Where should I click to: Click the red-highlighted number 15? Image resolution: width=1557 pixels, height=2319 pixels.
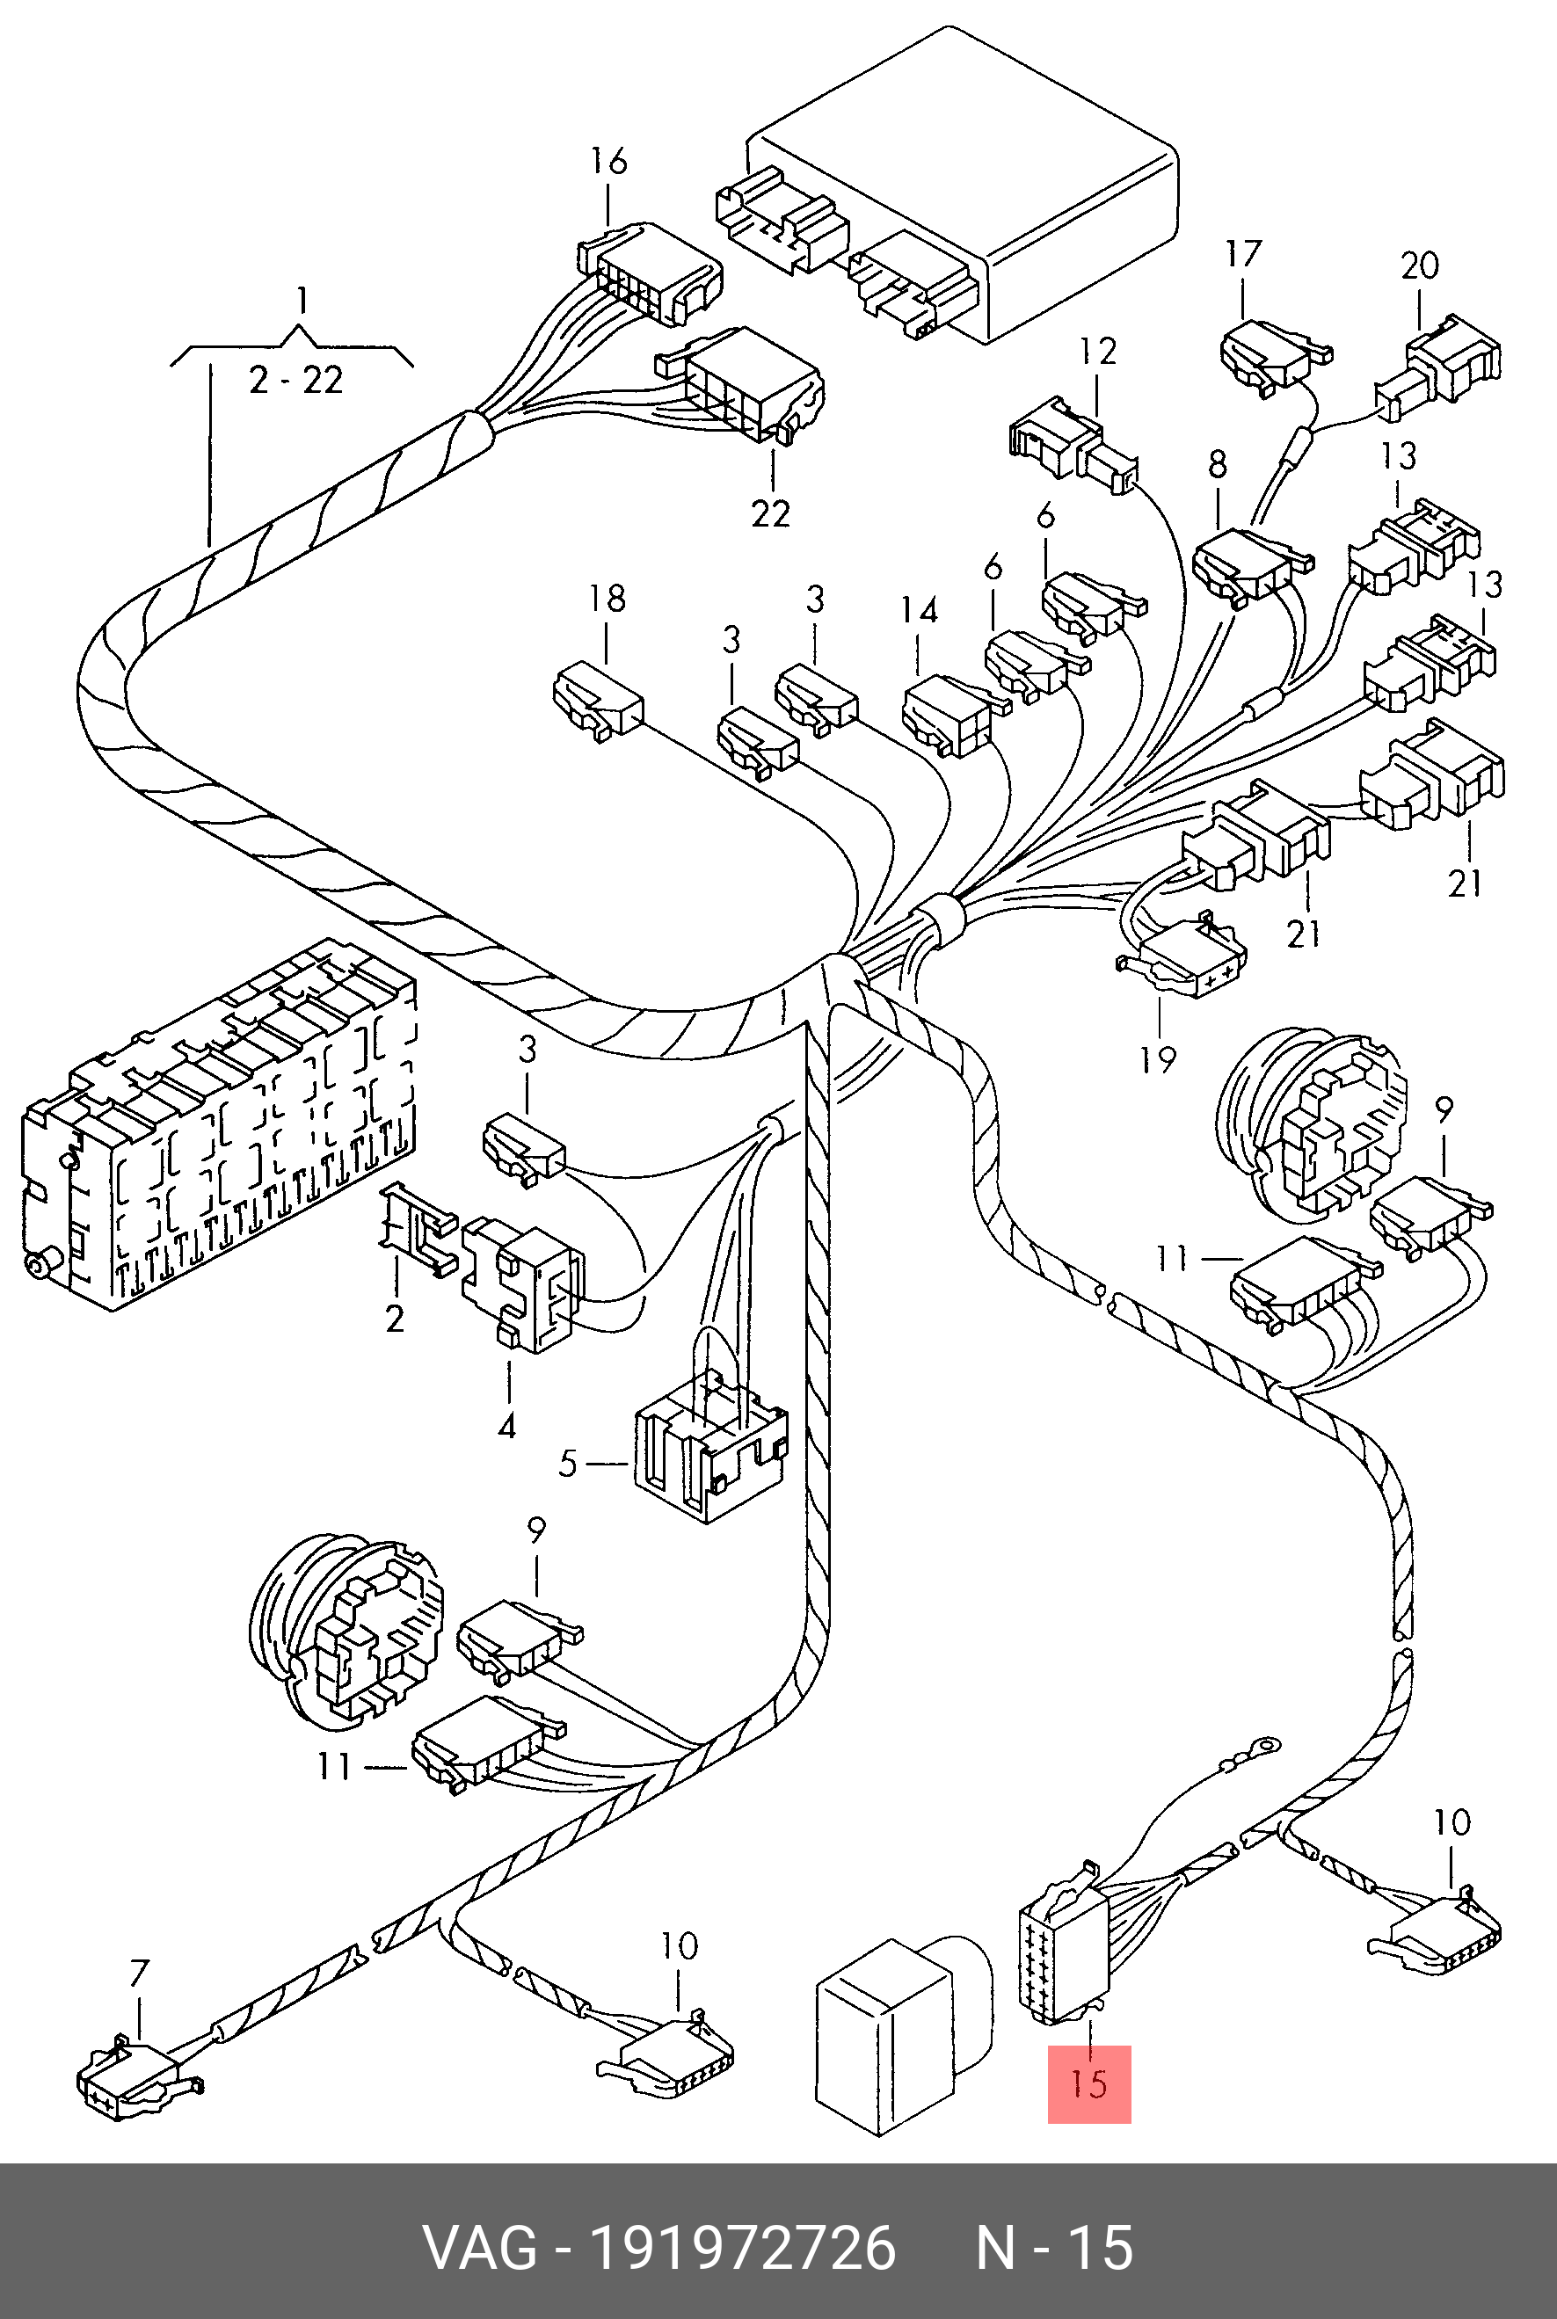(1089, 2083)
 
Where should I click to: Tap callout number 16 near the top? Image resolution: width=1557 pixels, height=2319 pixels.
(608, 161)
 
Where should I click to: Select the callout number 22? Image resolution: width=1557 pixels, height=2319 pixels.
(770, 513)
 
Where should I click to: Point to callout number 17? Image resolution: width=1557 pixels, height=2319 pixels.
(1242, 254)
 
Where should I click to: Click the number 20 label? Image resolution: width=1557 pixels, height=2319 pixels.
(1420, 265)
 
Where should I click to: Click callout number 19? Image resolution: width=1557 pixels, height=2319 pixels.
(1158, 1060)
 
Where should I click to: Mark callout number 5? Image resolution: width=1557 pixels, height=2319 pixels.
(567, 1464)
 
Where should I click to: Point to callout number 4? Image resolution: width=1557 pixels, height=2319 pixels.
(506, 1427)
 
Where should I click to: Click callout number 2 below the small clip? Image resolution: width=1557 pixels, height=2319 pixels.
(396, 1319)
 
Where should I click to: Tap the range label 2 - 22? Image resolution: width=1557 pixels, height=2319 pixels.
(296, 381)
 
